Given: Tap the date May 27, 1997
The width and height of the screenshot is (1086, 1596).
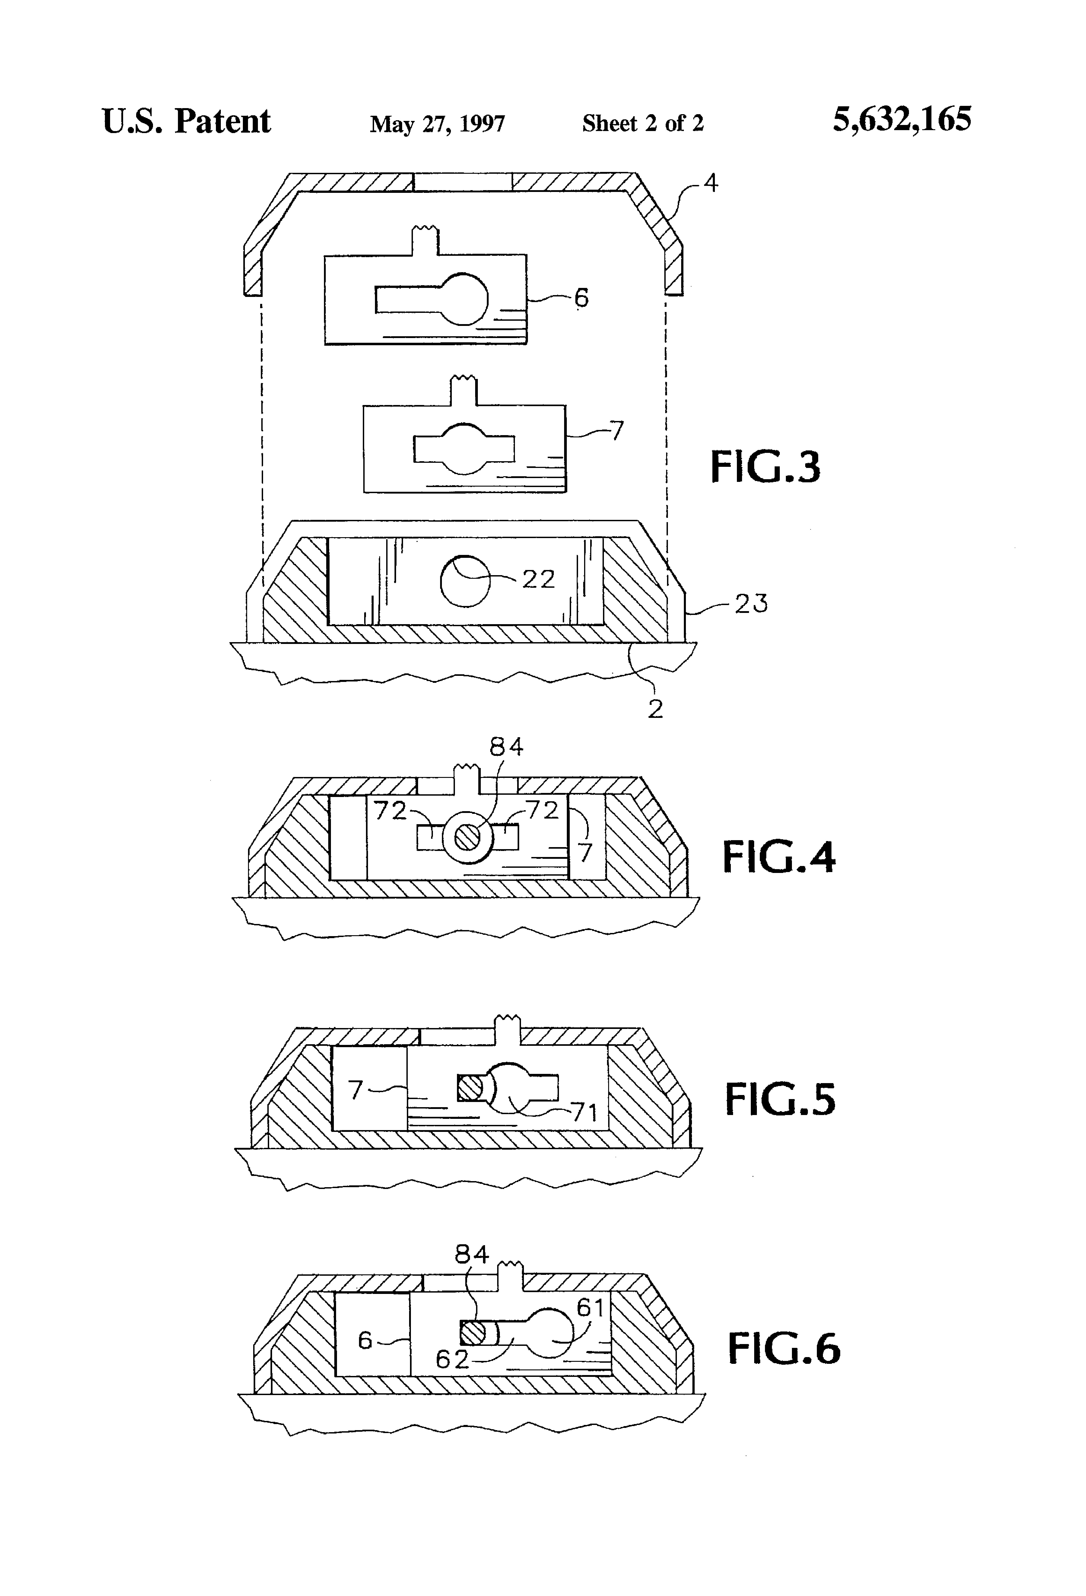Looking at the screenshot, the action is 437,124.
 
